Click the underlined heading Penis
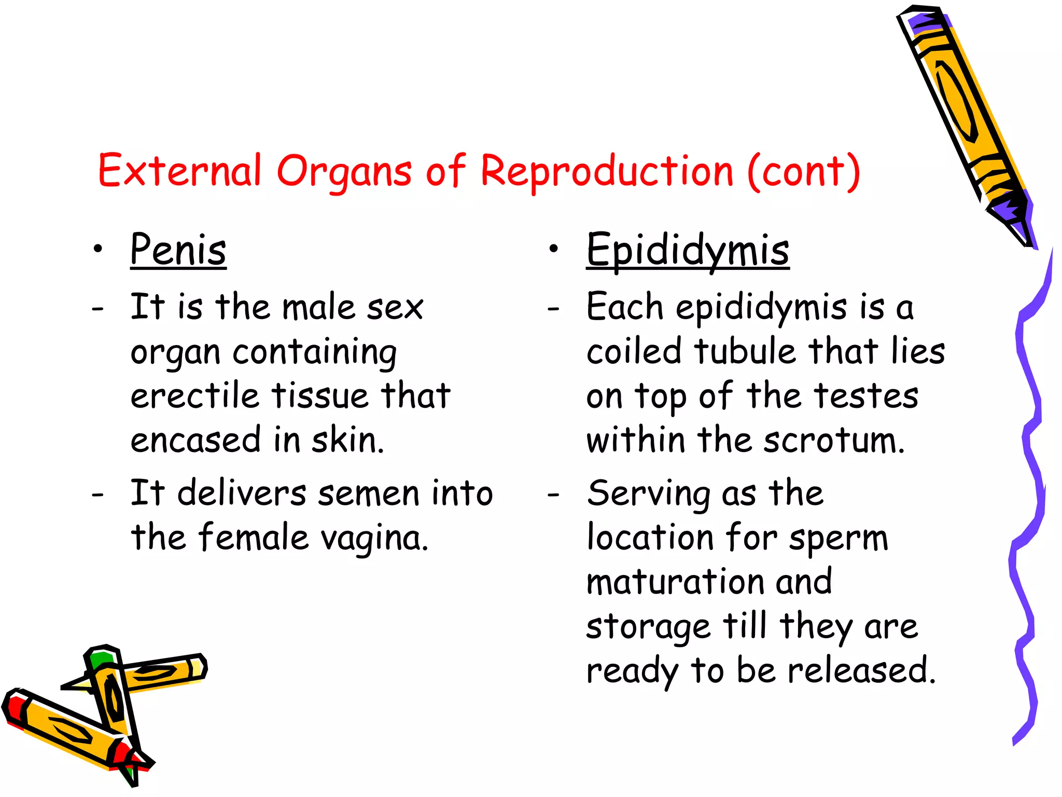click(x=178, y=250)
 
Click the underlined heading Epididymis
click(x=688, y=250)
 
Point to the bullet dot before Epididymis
click(x=554, y=250)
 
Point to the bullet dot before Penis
click(x=98, y=250)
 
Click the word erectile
click(x=194, y=396)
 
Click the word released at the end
click(x=861, y=670)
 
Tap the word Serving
click(x=649, y=493)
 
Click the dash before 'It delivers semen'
click(x=97, y=494)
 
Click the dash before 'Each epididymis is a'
click(x=553, y=309)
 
